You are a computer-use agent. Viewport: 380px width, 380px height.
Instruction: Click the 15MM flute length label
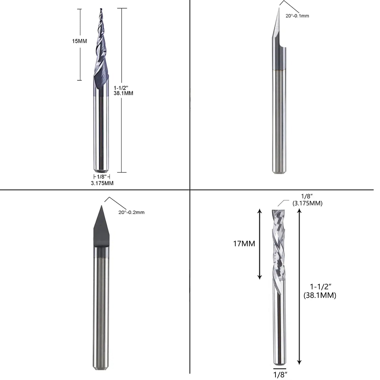(80, 41)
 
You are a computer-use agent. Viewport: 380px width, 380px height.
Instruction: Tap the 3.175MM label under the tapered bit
(102, 183)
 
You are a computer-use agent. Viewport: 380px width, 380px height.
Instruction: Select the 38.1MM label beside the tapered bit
(123, 93)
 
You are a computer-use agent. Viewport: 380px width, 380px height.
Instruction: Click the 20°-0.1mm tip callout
(297, 16)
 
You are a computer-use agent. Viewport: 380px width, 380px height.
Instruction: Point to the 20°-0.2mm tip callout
(131, 212)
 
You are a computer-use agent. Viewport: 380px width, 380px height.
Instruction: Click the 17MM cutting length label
(244, 244)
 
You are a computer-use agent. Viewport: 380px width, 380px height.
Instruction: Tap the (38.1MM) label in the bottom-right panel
(320, 295)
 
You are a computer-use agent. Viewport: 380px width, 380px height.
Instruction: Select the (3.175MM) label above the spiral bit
(308, 203)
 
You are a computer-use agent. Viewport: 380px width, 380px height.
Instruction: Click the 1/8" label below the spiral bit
(280, 374)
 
